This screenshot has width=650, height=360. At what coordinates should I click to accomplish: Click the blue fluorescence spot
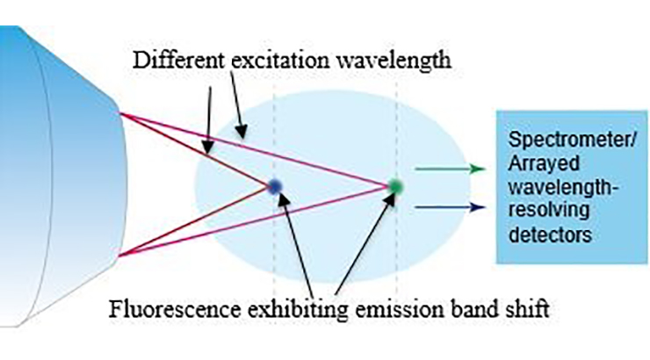pyautogui.click(x=274, y=187)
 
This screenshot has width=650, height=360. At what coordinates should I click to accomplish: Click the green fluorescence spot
pyautogui.click(x=395, y=186)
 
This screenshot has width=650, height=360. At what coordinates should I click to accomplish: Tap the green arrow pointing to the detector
pyautogui.click(x=451, y=169)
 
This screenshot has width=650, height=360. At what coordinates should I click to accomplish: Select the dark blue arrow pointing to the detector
pyautogui.click(x=451, y=207)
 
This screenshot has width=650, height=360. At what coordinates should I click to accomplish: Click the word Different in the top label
pyautogui.click(x=178, y=61)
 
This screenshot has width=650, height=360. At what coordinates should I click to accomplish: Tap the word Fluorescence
pyautogui.click(x=175, y=309)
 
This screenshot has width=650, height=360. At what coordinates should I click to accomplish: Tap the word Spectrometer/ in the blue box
pyautogui.click(x=572, y=140)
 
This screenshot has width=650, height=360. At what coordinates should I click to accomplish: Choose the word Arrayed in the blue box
pyautogui.click(x=544, y=164)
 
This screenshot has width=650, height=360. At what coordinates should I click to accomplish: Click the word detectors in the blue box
pyautogui.click(x=550, y=235)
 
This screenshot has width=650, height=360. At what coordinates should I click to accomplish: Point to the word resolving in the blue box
pyautogui.click(x=548, y=211)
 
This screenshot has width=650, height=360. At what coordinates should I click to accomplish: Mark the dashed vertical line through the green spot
pyautogui.click(x=397, y=186)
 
